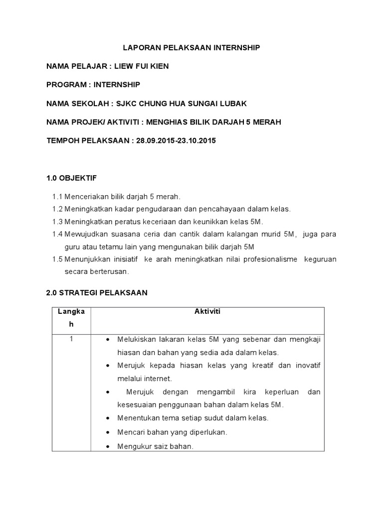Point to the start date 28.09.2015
154,140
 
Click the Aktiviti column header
207,312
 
